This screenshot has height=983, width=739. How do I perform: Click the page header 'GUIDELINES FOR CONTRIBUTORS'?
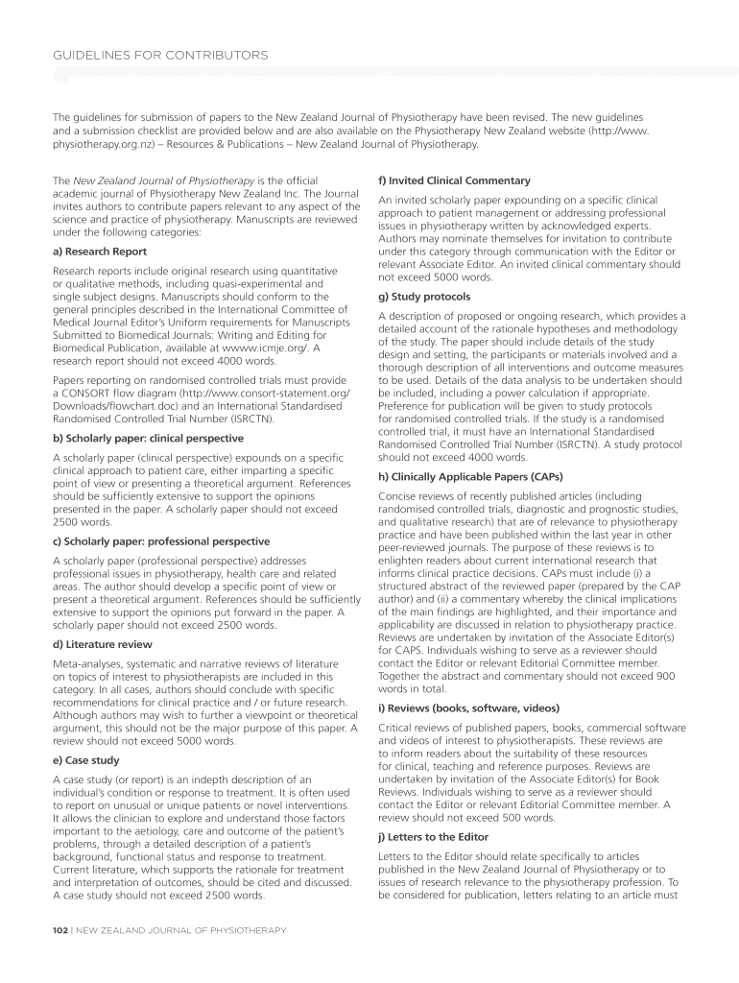[x=160, y=55]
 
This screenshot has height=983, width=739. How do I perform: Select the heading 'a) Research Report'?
[x=100, y=252]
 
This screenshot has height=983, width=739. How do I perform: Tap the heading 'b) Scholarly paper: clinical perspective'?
[x=148, y=439]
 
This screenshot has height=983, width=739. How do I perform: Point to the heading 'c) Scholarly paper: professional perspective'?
[x=161, y=541]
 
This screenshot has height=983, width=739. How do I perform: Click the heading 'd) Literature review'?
[x=102, y=644]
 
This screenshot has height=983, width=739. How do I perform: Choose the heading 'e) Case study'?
[x=86, y=760]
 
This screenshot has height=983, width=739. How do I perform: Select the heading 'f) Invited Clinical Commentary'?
[x=446, y=180]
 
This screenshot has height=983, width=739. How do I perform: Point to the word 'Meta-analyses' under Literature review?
[x=84, y=664]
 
